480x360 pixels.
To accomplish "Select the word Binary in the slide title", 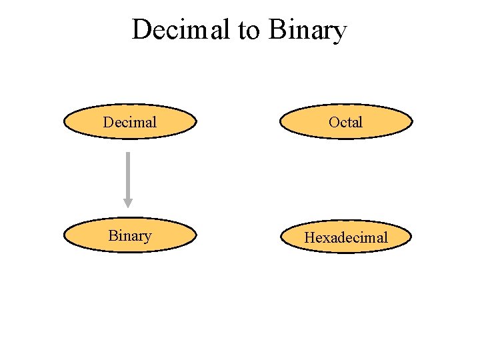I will coord(308,30).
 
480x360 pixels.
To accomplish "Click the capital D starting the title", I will coord(141,30).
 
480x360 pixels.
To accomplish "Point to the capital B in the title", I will coord(277,30).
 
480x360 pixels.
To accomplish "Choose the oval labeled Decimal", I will coord(130,122).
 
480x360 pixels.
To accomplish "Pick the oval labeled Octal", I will coord(346,122).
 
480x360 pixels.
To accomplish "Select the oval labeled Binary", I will coord(130,235).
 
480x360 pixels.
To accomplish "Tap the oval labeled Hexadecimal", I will coord(346,237).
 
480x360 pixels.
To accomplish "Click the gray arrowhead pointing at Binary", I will coord(127,203).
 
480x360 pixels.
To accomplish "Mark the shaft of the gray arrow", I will coord(127,173).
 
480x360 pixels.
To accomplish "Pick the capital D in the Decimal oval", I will coord(109,122).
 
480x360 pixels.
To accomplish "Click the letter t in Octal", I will coord(349,122).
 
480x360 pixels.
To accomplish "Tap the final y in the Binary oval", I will coord(147,237).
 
